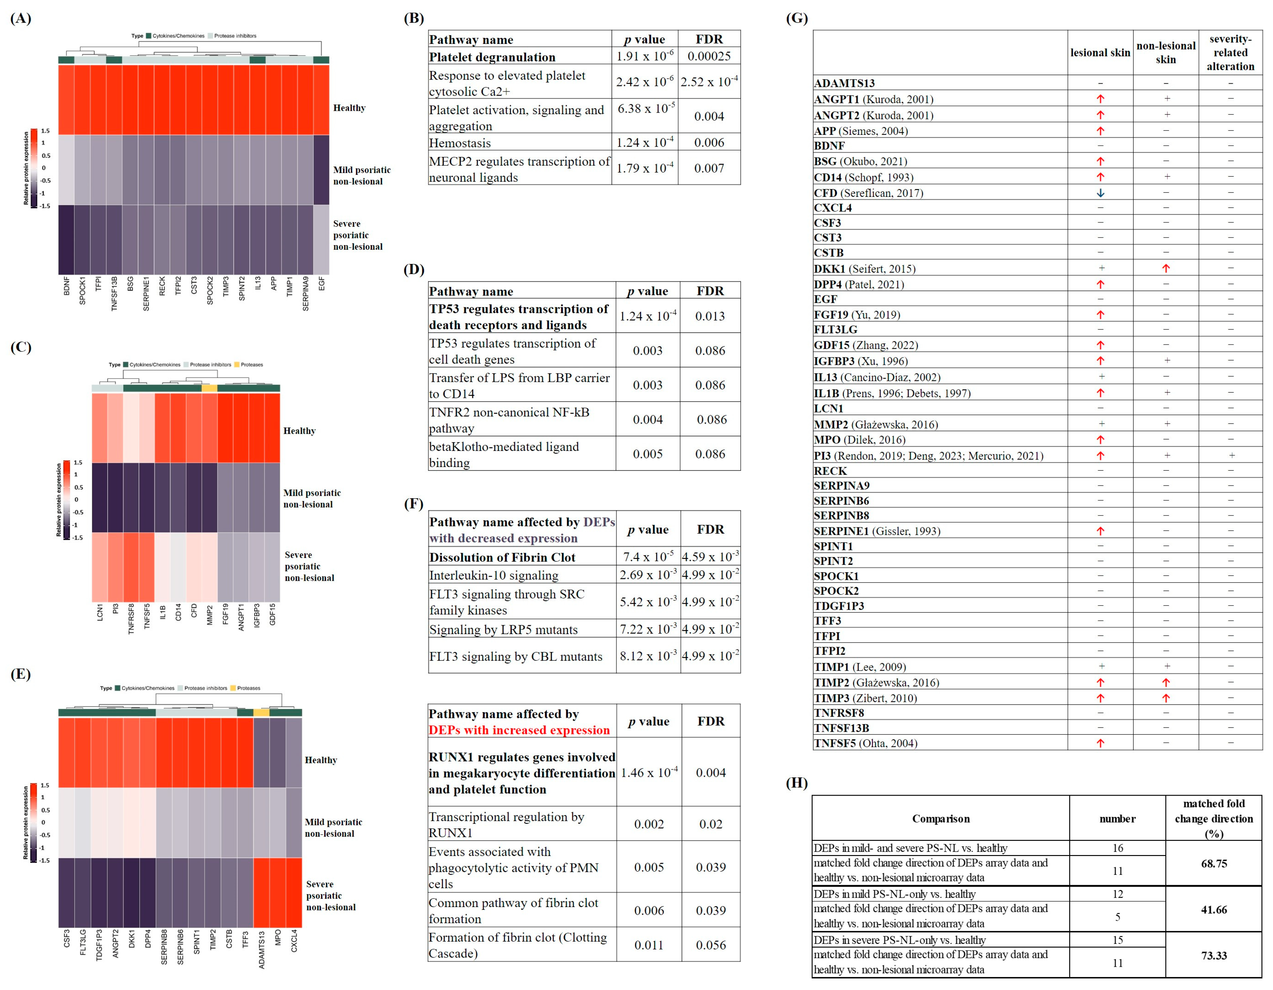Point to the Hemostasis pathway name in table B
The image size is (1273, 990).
(x=460, y=143)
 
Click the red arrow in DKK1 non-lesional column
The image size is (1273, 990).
(x=1166, y=269)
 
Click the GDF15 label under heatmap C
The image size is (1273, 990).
(x=272, y=615)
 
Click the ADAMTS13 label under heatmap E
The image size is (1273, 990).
(x=262, y=950)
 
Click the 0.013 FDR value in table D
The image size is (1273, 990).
(x=710, y=316)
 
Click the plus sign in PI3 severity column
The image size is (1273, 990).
(x=1231, y=456)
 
